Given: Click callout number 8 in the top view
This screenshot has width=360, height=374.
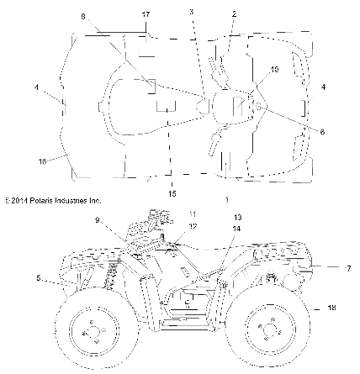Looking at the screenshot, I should [82, 16].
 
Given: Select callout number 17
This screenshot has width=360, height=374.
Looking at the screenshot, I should [146, 15].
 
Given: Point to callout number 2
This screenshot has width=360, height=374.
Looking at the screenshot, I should [234, 13].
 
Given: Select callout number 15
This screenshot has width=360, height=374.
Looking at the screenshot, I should [172, 194].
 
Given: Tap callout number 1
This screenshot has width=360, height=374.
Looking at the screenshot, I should [227, 199].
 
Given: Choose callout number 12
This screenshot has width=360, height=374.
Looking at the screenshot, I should [193, 226].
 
